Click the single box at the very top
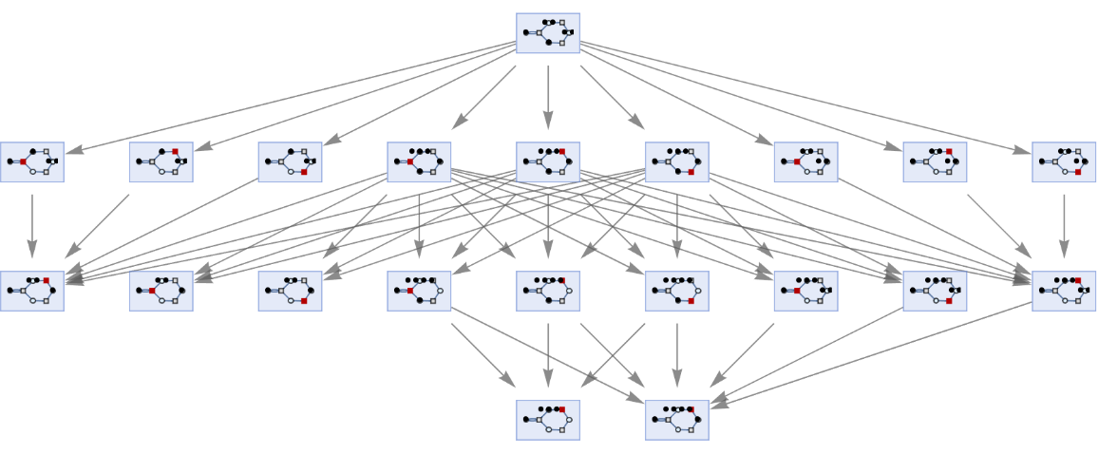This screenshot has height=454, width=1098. [548, 33]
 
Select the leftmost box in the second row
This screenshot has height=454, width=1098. [32, 162]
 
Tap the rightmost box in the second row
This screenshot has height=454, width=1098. [1064, 162]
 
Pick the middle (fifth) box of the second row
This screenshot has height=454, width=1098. [548, 162]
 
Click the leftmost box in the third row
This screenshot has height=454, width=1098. [32, 292]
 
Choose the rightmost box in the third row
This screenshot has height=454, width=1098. [1064, 292]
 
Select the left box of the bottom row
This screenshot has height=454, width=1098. [548, 420]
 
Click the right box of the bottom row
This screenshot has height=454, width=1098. [677, 420]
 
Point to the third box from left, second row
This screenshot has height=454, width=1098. [290, 162]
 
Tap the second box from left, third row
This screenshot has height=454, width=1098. [161, 292]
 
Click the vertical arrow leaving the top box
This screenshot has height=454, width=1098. [548, 95]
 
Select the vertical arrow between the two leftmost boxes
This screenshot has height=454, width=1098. [32, 226]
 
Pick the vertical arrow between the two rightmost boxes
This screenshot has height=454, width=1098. [1064, 226]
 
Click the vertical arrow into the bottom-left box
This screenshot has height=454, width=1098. [548, 355]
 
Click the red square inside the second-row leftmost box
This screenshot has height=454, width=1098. [23, 162]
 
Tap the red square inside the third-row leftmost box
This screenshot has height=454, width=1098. [46, 280]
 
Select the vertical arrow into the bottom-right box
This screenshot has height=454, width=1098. [677, 355]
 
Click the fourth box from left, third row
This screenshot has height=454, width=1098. [419, 292]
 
